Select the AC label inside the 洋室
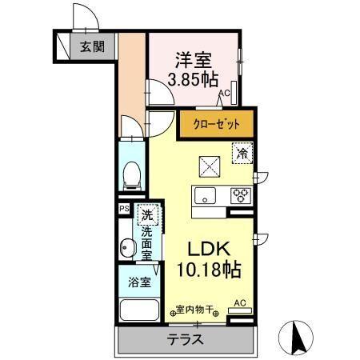[x=226, y=94]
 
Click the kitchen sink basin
[x=204, y=195]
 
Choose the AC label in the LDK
[x=239, y=302]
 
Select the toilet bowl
[x=132, y=173]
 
